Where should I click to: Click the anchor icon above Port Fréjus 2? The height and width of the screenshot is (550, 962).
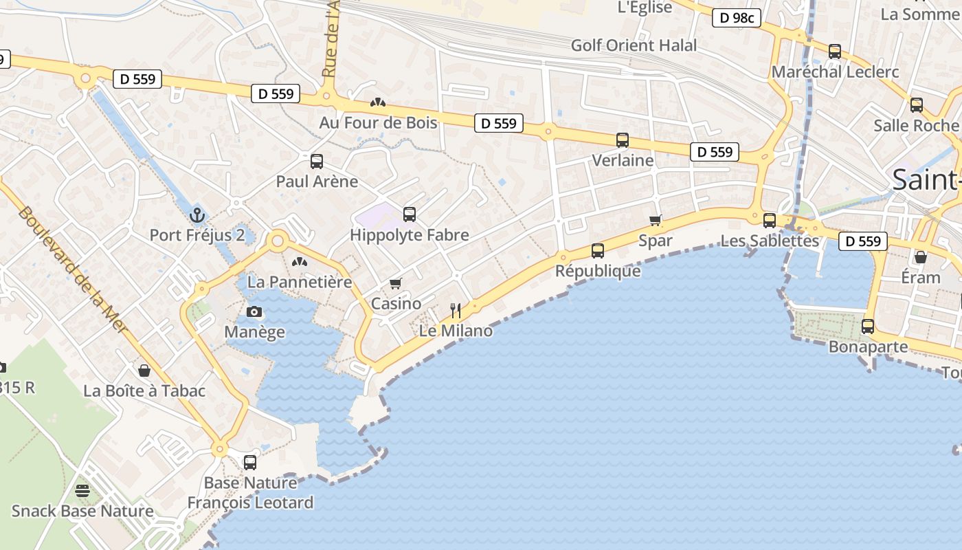pos(198,214)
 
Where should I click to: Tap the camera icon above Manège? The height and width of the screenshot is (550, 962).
pos(254,311)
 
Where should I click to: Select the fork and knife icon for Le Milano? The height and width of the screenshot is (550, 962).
pos(455,310)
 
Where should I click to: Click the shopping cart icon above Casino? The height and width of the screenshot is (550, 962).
pos(395,283)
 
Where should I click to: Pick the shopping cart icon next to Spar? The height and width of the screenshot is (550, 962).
pos(656,220)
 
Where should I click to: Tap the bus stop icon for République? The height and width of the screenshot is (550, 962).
pos(598,250)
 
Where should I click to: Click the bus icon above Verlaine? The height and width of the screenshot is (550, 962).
pos(623,140)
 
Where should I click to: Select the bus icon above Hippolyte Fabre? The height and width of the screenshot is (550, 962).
pos(410,214)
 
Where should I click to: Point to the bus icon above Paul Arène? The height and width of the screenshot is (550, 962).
pos(317,162)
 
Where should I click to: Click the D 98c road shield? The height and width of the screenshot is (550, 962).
pos(737,18)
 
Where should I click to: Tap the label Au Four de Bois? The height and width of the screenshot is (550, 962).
pos(378,122)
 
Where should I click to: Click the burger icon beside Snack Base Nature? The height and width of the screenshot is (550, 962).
pos(82,491)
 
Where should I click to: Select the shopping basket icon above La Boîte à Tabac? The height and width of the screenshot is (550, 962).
pos(144,371)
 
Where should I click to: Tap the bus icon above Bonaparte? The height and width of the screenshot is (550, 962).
pos(868,326)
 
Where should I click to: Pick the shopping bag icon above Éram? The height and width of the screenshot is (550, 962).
pos(921,257)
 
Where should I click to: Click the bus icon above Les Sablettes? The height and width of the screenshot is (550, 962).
pos(770,220)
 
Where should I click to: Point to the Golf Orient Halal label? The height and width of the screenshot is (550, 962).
pos(634,45)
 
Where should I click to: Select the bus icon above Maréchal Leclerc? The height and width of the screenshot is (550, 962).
pos(835,51)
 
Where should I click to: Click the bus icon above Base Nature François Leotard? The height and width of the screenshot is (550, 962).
pos(250,462)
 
